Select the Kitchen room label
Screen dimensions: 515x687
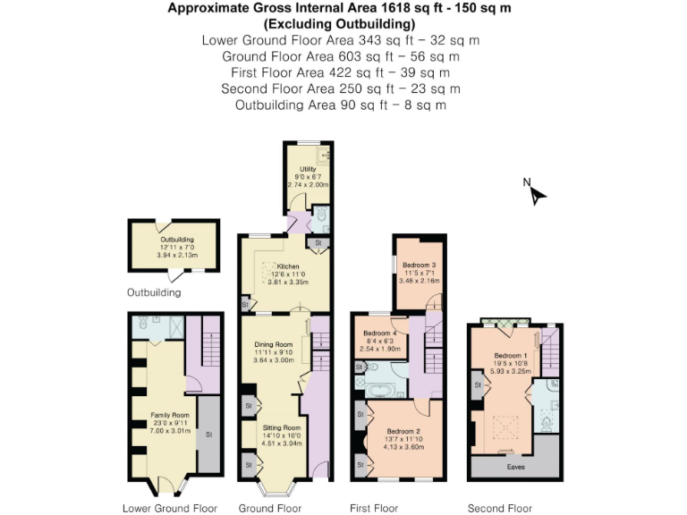(x=287, y=266)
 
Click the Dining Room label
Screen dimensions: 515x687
(x=273, y=344)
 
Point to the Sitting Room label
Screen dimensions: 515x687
(x=280, y=427)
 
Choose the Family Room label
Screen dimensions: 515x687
(x=169, y=416)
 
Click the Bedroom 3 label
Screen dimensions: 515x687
(x=419, y=266)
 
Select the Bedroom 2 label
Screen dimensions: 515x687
(x=401, y=431)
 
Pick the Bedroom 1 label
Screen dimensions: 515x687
(x=511, y=356)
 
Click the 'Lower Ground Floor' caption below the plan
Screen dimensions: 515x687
(x=169, y=508)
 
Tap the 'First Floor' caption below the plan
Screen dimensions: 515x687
(x=373, y=508)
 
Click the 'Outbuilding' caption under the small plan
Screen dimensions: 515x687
(x=154, y=292)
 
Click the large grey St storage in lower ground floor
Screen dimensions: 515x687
(x=209, y=435)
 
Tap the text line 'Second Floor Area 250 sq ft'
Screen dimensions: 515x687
(x=341, y=89)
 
